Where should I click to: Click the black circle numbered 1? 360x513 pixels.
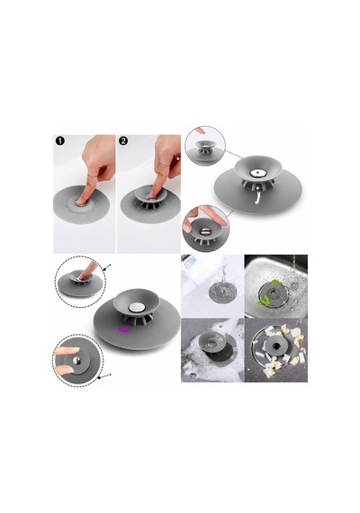[x=60, y=141]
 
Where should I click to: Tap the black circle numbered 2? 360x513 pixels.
[x=123, y=141]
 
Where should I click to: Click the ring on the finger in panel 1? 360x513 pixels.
[x=93, y=177]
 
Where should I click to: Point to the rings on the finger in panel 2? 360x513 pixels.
[x=165, y=166]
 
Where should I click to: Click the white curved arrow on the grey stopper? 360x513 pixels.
[x=258, y=198]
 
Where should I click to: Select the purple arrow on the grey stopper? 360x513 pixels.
[x=123, y=329]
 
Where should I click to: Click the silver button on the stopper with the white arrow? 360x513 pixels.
[x=257, y=174]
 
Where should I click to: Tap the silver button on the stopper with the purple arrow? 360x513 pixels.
[x=137, y=307]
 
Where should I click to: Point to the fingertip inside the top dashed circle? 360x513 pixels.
[x=82, y=277]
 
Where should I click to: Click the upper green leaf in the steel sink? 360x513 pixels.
[x=275, y=282]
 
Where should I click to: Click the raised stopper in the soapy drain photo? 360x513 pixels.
[x=211, y=342]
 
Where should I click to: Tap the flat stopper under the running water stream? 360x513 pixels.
[x=222, y=291]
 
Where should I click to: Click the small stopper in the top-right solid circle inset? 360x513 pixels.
[x=205, y=147]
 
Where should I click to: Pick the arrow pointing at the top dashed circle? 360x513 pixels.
[x=108, y=266]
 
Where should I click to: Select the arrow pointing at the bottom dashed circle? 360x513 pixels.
[x=104, y=375]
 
